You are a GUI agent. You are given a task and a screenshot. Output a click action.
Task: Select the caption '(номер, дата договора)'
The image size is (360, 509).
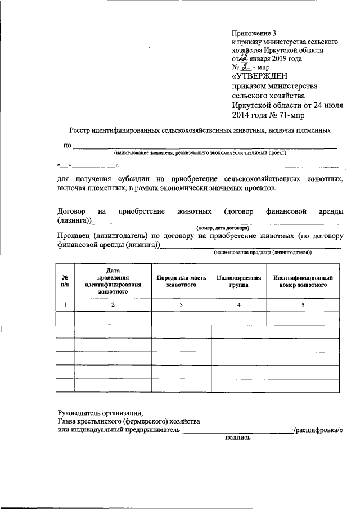(223, 228)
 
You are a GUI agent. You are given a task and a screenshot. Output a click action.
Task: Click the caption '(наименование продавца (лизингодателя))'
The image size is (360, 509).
(262, 254)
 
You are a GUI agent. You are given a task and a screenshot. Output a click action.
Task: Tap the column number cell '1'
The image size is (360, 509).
(65, 304)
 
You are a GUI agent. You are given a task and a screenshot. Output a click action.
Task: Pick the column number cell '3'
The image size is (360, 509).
(181, 304)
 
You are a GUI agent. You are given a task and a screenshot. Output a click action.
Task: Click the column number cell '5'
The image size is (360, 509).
(303, 304)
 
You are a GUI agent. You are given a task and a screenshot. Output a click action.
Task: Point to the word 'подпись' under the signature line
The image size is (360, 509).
(237, 437)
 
